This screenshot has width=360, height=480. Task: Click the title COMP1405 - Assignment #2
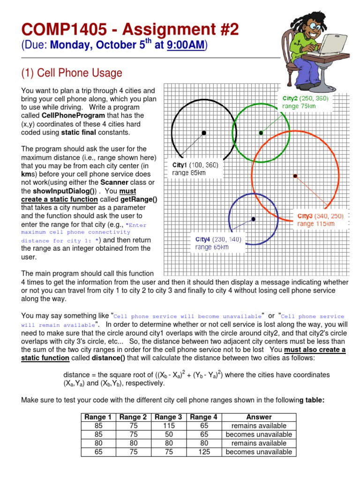click(x=130, y=30)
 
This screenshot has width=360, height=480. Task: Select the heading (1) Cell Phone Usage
click(x=72, y=73)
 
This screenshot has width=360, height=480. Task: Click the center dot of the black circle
click(x=204, y=133)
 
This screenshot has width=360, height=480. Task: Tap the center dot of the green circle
click(x=261, y=133)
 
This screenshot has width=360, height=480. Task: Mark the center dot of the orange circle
click(x=295, y=176)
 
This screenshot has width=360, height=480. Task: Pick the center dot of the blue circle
click(x=254, y=219)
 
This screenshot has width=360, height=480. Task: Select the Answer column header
click(x=259, y=417)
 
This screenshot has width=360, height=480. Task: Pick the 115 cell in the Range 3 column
click(x=169, y=426)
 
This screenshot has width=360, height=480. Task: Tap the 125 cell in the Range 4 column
click(x=204, y=452)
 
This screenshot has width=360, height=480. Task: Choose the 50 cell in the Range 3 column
click(x=169, y=435)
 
